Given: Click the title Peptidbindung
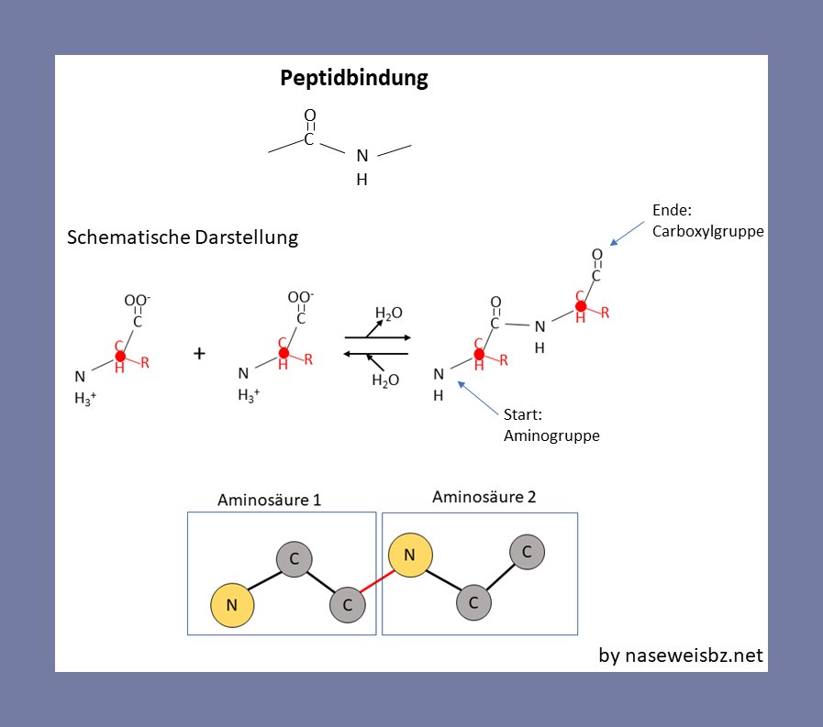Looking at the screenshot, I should click(x=354, y=79).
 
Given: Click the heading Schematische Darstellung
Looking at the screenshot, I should click(x=183, y=237).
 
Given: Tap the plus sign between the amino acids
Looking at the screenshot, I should click(x=199, y=353).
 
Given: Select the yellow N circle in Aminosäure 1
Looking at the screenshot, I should click(x=232, y=604).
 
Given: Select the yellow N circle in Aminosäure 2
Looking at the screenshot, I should click(x=410, y=554).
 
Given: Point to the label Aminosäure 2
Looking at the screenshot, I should click(x=484, y=497).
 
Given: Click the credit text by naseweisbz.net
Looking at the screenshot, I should click(x=680, y=655).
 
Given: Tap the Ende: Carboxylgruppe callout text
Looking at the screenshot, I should click(x=707, y=221).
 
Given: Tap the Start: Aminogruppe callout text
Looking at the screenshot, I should click(x=551, y=425).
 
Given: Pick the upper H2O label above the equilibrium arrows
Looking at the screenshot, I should click(x=388, y=314).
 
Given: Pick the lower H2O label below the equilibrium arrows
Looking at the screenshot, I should click(x=385, y=380).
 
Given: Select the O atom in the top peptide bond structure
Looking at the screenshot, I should click(x=310, y=116).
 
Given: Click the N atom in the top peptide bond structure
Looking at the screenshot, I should click(x=362, y=157).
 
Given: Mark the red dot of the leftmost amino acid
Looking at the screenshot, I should click(x=120, y=356).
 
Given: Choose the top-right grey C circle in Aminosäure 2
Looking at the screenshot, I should click(x=527, y=552).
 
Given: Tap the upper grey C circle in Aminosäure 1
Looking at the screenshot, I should click(x=295, y=558).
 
